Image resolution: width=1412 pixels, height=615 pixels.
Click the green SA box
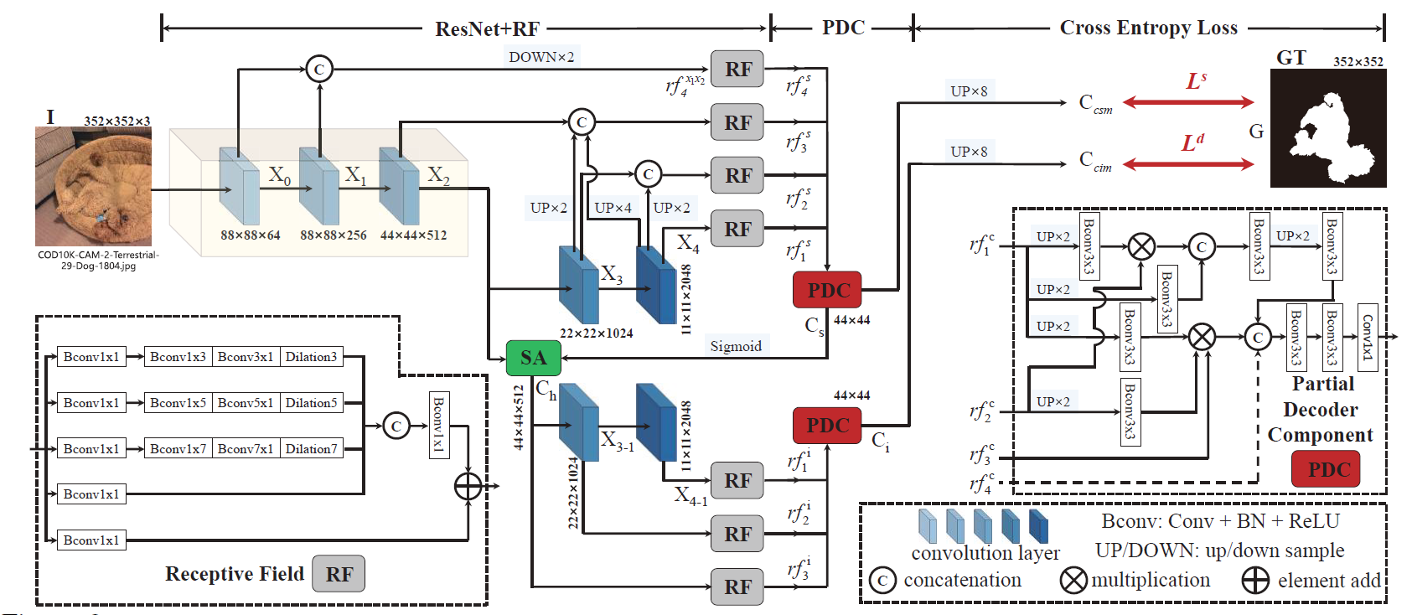click(x=533, y=358)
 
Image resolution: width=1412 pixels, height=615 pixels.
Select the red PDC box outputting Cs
click(x=827, y=290)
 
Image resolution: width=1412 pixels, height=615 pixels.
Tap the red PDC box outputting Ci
click(x=827, y=426)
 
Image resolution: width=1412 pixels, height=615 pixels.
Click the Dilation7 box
click(x=311, y=449)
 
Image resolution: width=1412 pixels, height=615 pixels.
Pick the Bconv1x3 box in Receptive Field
click(x=178, y=357)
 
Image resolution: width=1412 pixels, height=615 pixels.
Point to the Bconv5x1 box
click(x=246, y=403)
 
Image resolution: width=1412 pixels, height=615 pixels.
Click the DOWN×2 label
click(x=541, y=57)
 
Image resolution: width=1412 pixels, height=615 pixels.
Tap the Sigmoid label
click(x=736, y=346)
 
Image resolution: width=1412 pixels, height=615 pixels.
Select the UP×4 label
click(x=613, y=208)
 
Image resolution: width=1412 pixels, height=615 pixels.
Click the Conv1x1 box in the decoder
click(x=1367, y=337)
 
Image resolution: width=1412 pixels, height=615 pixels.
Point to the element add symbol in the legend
click(x=1254, y=580)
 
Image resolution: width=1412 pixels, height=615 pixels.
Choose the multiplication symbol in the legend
click(x=1073, y=580)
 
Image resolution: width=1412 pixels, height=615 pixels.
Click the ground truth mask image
click(x=1327, y=128)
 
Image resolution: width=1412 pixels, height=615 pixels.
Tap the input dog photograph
click(x=93, y=186)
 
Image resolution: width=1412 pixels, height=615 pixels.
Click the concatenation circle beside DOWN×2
click(x=319, y=69)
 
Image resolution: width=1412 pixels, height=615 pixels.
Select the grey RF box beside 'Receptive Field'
click(x=339, y=574)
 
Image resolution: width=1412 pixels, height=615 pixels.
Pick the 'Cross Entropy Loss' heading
click(x=1148, y=28)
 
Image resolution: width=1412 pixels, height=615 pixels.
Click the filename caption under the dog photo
click(x=98, y=260)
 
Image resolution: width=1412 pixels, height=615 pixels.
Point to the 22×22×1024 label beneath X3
click(x=596, y=333)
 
